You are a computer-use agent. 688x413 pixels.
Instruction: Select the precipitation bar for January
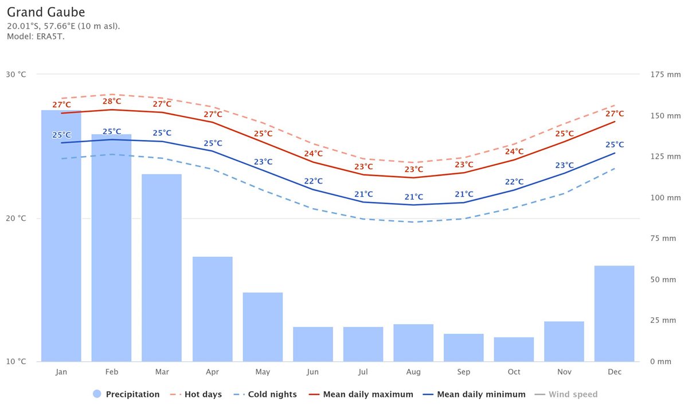coord(61,235)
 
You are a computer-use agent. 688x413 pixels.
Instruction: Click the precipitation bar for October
coord(514,349)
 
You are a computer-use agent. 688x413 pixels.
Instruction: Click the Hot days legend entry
coord(196,395)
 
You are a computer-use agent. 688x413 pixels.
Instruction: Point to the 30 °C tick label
coord(15,75)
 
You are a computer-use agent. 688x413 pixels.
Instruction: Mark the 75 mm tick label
coord(663,239)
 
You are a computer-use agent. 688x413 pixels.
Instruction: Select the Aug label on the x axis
coord(413,372)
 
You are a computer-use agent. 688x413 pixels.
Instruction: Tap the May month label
coord(263,372)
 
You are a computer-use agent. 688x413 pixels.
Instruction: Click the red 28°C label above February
coord(112,102)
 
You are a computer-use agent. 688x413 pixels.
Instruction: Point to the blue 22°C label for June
coord(313,181)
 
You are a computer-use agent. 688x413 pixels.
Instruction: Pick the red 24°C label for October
coord(514,151)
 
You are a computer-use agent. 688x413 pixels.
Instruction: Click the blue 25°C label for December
coord(615,145)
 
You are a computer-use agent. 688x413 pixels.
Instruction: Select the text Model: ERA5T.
coord(36,37)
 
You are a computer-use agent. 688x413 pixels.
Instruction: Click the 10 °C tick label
coord(15,362)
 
